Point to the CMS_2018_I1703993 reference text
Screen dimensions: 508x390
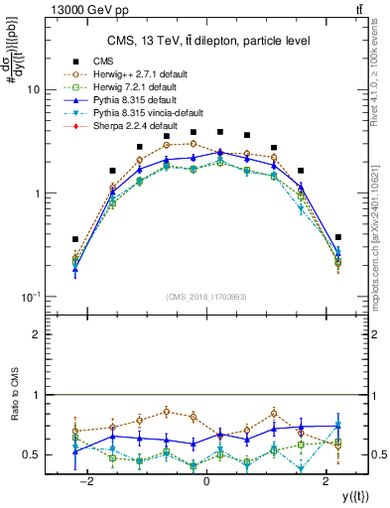point(206,297)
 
